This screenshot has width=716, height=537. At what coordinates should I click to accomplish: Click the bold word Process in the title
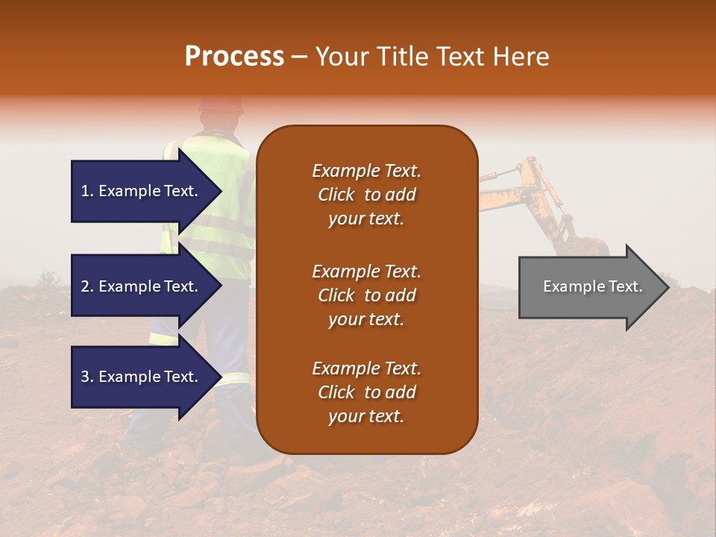(234, 57)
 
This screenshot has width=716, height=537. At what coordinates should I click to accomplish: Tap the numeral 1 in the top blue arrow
(85, 191)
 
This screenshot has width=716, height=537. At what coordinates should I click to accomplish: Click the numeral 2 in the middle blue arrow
(85, 286)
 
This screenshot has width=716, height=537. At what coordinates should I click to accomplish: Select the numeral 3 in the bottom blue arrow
(85, 377)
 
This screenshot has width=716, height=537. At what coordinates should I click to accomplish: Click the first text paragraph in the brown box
(366, 195)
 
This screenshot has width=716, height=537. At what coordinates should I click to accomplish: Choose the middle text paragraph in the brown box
(366, 295)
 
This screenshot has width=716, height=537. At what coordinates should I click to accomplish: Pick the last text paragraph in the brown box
(366, 392)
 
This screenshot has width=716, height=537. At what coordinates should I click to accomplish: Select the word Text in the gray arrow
(625, 286)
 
